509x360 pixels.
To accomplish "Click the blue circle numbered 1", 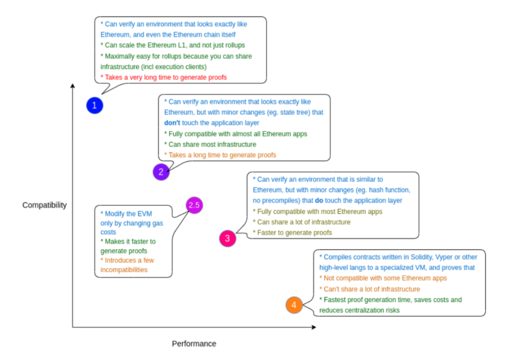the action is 94,106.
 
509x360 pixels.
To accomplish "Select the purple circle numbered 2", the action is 161,172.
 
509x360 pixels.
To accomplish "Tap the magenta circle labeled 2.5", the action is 194,205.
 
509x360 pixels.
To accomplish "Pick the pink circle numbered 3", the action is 228,238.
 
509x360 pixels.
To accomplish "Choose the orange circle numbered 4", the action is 294,305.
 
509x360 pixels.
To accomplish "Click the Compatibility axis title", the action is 44,205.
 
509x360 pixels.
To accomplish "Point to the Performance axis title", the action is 194,344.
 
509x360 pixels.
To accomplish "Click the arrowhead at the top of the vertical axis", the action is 73,86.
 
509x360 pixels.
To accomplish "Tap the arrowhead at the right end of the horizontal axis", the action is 314,327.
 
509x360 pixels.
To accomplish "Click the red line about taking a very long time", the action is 163,77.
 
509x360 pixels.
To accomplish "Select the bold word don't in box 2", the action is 172,123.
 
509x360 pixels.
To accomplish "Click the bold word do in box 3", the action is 319,200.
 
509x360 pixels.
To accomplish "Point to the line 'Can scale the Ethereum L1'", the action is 173,45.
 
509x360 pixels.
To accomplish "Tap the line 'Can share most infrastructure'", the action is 210,144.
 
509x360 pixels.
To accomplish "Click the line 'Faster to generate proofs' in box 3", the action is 292,233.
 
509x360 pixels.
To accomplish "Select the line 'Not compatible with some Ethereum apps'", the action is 383,278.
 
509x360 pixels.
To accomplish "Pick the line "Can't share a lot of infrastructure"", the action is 370,289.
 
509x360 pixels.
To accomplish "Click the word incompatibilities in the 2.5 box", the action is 124,270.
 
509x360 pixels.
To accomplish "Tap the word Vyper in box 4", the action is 444,257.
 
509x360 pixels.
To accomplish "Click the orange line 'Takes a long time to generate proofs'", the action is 220,155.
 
